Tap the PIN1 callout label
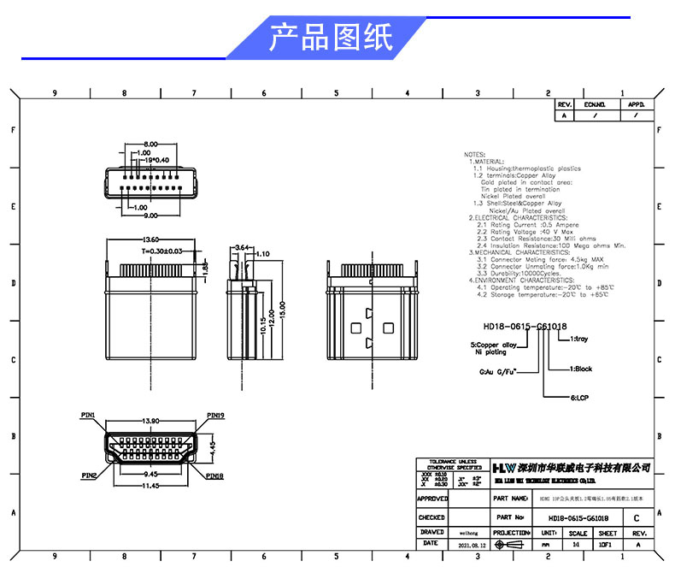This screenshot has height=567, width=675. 88,415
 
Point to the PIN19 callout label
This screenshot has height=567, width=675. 214,415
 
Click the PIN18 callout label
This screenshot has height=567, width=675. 214,475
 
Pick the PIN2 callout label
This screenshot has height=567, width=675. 88,475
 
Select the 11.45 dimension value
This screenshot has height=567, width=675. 150,486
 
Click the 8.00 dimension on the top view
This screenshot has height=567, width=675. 150,144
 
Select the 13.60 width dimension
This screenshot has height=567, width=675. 150,239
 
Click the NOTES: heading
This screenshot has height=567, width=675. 474,155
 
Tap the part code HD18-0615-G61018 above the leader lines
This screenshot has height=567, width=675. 525,326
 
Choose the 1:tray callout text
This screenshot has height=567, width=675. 578,340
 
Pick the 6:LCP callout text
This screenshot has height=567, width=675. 578,398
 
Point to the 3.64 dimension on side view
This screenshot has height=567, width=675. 241,247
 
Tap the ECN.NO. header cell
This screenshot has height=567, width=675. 595,104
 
